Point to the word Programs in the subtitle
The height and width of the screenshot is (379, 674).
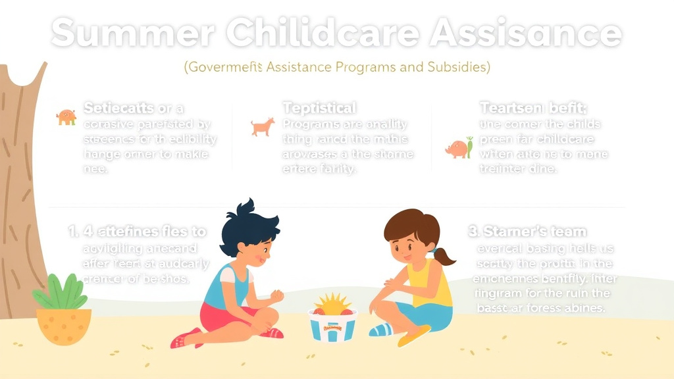coord(361,68)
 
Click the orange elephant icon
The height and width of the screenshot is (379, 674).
coord(66,117)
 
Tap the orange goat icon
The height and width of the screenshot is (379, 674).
coord(263,126)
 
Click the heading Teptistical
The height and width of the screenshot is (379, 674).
coord(319,107)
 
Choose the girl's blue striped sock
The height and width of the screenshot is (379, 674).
coord(380,329)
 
